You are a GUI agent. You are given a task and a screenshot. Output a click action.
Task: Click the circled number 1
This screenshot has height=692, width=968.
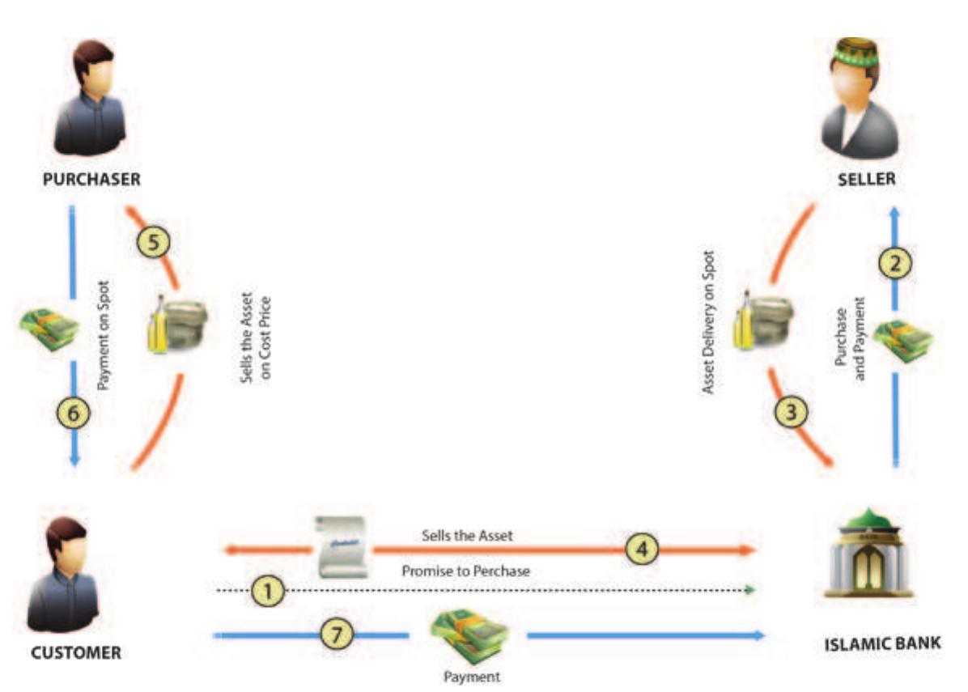268,592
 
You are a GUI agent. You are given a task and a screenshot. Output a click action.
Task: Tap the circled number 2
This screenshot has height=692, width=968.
896,261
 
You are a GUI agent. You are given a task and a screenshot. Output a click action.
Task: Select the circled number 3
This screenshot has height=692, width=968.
792,412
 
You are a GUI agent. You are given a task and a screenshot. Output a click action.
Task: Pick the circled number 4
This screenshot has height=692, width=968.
642,550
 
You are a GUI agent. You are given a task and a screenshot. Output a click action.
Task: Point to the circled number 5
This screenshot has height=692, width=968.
154,243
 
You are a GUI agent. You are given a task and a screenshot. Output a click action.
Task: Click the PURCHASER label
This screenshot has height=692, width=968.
91,180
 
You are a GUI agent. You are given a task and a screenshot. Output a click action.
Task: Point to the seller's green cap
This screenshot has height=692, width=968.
857,53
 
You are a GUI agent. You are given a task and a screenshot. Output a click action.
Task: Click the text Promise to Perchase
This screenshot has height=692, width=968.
465,571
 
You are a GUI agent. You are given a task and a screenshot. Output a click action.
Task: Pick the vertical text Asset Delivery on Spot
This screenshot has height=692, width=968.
709,334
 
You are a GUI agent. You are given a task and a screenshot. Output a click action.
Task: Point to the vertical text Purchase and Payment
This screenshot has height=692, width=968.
849,338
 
